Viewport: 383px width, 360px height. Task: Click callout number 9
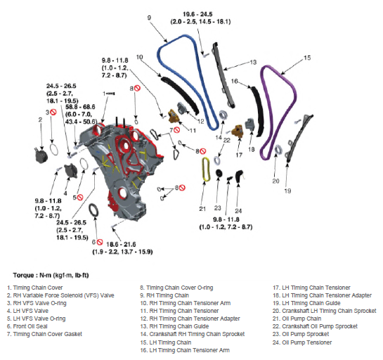(149, 18)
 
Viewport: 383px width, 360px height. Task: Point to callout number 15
(307, 58)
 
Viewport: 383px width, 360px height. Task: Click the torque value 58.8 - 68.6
(80, 107)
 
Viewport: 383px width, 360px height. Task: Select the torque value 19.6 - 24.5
(197, 14)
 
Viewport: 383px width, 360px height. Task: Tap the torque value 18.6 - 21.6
(121, 244)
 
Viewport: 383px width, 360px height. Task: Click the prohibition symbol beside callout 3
(53, 112)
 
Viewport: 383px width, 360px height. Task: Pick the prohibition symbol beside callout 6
(99, 242)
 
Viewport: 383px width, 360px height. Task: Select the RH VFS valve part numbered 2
(41, 155)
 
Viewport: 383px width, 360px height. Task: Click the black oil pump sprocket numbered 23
(219, 173)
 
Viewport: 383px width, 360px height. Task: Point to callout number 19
(287, 191)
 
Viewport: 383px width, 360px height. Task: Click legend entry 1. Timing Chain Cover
(35, 288)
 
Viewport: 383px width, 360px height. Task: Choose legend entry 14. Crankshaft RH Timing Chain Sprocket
(193, 334)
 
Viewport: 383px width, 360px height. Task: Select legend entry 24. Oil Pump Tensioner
(302, 342)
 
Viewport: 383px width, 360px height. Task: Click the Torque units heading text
(51, 275)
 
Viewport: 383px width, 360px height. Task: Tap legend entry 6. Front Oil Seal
(27, 326)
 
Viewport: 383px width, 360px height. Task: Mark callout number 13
(253, 62)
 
